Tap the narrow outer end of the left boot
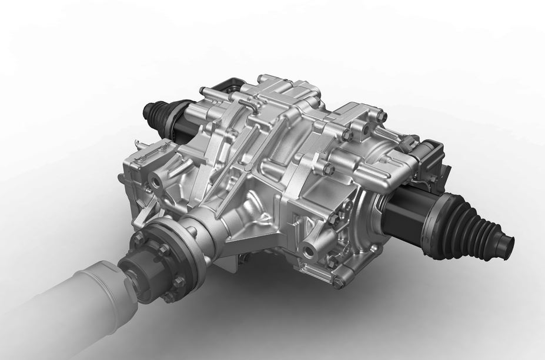tap(145, 108)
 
